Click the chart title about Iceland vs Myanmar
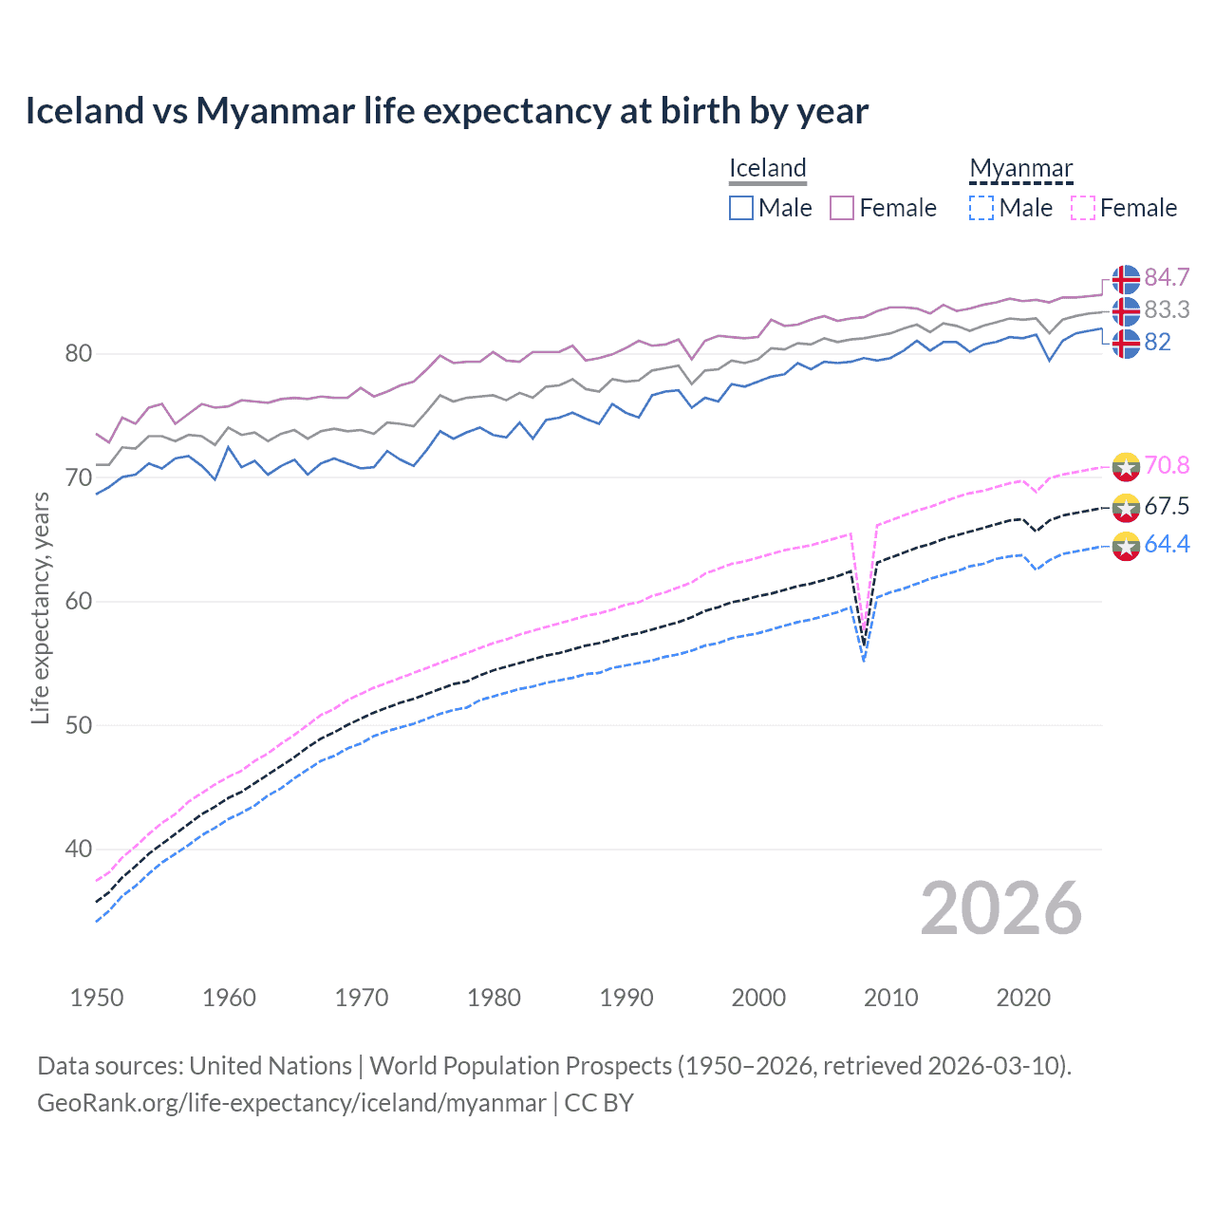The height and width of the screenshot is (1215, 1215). tap(446, 111)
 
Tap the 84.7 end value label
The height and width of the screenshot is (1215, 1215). tap(1167, 277)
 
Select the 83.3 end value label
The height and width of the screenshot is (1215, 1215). tap(1167, 309)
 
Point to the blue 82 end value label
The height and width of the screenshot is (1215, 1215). tap(1157, 342)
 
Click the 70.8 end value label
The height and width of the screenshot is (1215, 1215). tap(1167, 465)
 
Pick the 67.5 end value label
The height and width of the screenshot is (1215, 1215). tap(1167, 506)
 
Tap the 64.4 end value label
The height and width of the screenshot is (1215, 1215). tap(1167, 544)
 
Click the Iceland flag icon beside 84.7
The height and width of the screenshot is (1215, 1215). tap(1126, 279)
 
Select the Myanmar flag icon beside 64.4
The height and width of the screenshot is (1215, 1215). tap(1126, 547)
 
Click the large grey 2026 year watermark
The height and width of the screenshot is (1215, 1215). tap(1000, 908)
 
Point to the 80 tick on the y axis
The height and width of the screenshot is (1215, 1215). tap(78, 354)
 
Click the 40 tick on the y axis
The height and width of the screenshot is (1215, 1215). tap(78, 849)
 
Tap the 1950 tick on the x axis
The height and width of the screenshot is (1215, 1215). tap(97, 998)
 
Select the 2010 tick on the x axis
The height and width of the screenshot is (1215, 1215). tap(890, 998)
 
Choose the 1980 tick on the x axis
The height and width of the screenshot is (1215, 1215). tap(494, 998)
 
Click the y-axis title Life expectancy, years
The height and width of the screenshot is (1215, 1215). tap(40, 607)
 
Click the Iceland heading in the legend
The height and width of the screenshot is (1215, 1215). tap(767, 168)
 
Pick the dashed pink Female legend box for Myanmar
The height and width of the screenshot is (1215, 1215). tap(1082, 208)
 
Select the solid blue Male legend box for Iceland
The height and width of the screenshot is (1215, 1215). tap(741, 208)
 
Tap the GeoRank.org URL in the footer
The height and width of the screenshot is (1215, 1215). tap(291, 1103)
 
